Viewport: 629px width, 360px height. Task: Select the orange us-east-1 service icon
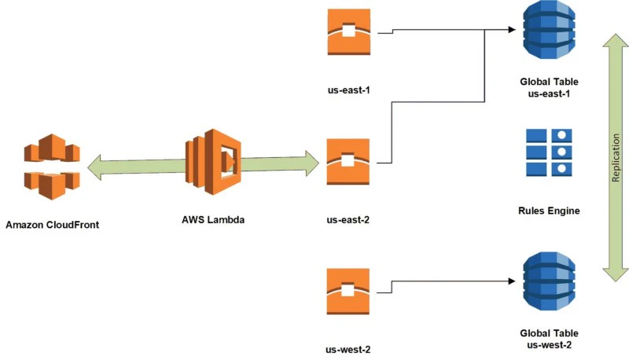click(x=347, y=32)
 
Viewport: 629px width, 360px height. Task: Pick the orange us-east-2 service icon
click(x=347, y=163)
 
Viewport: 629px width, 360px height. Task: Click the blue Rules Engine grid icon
click(x=548, y=152)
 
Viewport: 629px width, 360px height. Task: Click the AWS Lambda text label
click(x=212, y=220)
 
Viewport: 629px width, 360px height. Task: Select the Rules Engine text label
click(x=548, y=211)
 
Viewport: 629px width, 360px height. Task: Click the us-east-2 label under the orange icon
click(x=347, y=220)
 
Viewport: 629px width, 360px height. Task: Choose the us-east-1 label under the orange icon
click(x=347, y=90)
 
